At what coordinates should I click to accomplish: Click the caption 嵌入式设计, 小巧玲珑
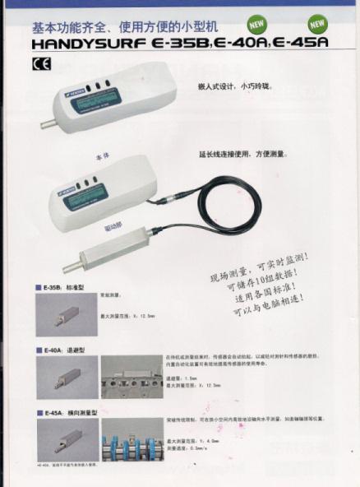coord(228,86)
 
